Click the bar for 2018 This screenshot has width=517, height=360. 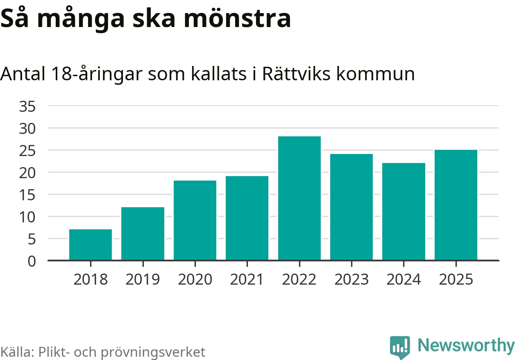91,245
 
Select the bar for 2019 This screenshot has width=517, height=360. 143,234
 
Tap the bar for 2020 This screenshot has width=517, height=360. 195,220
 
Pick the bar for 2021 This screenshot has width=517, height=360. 247,218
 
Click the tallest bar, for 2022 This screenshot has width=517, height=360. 299,198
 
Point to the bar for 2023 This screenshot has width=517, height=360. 351,207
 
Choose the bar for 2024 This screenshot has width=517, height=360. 404,212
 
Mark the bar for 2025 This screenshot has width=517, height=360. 456,205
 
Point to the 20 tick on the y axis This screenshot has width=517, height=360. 27,173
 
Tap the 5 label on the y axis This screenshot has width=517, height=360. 32,239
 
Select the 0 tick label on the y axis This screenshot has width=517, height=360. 32,261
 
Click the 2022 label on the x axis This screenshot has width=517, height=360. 299,280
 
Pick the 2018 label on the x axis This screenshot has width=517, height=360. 91,280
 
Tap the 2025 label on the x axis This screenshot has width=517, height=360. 456,280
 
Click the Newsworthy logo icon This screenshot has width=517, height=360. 400,347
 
